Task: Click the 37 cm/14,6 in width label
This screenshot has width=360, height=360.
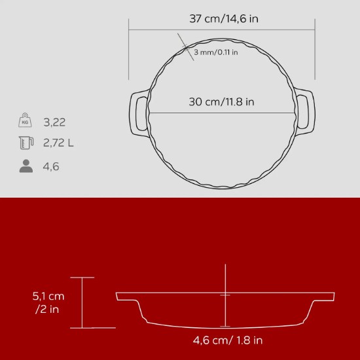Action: click(224, 18)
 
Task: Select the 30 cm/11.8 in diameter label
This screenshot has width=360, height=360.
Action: click(222, 101)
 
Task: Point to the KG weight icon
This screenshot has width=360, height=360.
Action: click(26, 121)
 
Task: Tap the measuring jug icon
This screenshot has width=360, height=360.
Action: click(26, 143)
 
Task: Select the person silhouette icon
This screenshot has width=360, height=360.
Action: click(26, 166)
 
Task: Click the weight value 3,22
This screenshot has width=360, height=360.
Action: click(54, 122)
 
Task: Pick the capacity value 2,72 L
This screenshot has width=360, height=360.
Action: click(58, 143)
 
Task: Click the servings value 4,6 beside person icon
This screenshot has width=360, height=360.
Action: click(51, 166)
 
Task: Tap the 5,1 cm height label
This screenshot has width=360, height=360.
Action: click(48, 296)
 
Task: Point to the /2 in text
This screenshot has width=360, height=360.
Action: click(47, 309)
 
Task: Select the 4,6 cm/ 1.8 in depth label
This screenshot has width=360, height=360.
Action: click(228, 340)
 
